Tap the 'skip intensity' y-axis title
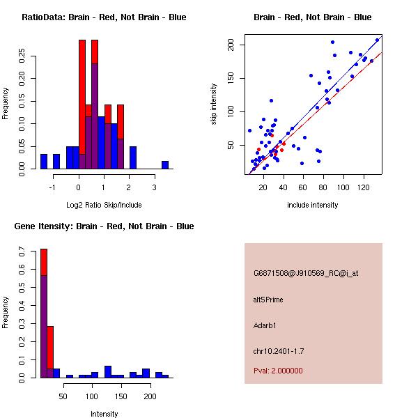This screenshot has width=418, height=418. click(214, 104)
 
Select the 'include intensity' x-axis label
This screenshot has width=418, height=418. click(313, 205)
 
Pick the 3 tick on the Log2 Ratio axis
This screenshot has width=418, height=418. click(153, 187)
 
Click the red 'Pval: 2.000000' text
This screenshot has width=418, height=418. click(278, 371)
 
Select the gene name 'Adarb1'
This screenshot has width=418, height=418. click(265, 325)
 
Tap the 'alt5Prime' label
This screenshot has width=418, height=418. click(268, 300)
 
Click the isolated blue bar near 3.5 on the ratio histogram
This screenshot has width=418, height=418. click(165, 165)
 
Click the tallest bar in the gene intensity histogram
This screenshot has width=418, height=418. click(44, 313)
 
